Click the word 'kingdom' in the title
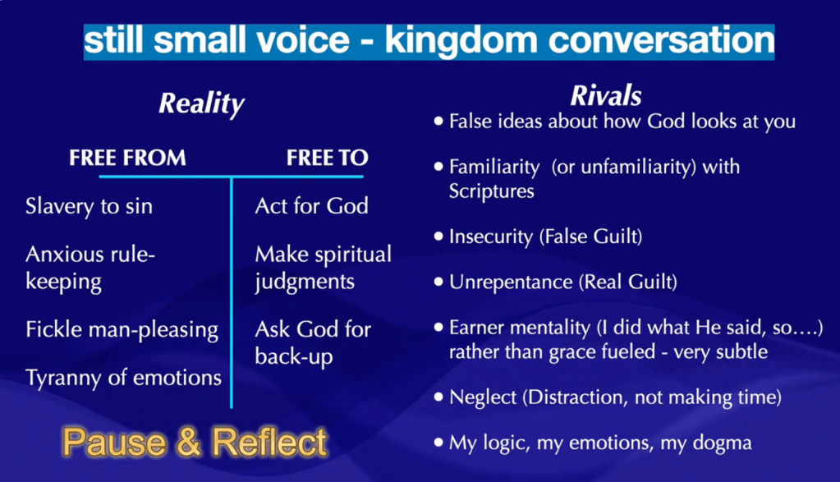pyautogui.click(x=461, y=41)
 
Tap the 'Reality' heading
pyautogui.click(x=201, y=104)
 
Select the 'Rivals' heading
pyautogui.click(x=606, y=96)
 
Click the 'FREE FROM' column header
pyautogui.click(x=127, y=158)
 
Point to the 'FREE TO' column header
pyautogui.click(x=328, y=158)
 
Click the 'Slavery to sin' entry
pyautogui.click(x=89, y=206)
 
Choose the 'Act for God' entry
pyautogui.click(x=312, y=206)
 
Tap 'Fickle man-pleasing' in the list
pyautogui.click(x=122, y=330)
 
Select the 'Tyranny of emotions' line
pyautogui.click(x=123, y=378)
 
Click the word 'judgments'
pyautogui.click(x=305, y=282)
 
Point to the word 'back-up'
pyautogui.click(x=294, y=357)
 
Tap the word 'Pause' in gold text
pyautogui.click(x=114, y=443)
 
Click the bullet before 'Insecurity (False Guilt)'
pyautogui.click(x=438, y=236)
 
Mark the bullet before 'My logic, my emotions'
pyautogui.click(x=438, y=443)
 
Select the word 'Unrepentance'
pyautogui.click(x=511, y=282)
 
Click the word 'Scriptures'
pyautogui.click(x=491, y=191)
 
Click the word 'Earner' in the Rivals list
pyautogui.click(x=480, y=328)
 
